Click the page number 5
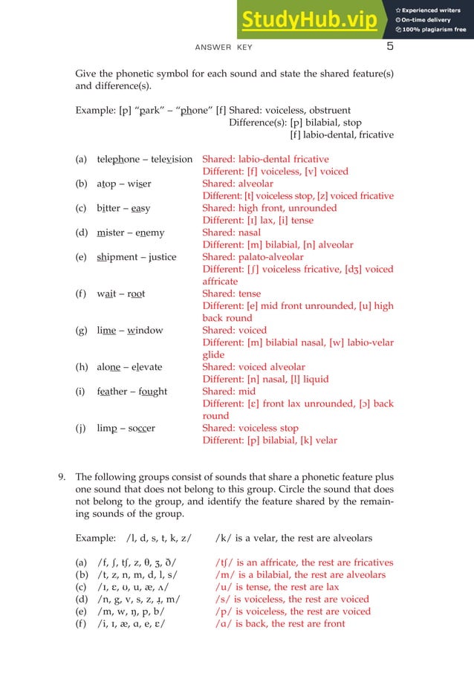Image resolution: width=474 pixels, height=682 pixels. point(389,48)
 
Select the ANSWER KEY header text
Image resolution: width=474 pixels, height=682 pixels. point(224,48)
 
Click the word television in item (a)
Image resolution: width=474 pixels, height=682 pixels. point(173,159)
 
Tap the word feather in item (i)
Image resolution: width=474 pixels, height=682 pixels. point(114,391)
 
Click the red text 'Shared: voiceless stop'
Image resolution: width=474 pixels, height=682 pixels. point(250,428)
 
